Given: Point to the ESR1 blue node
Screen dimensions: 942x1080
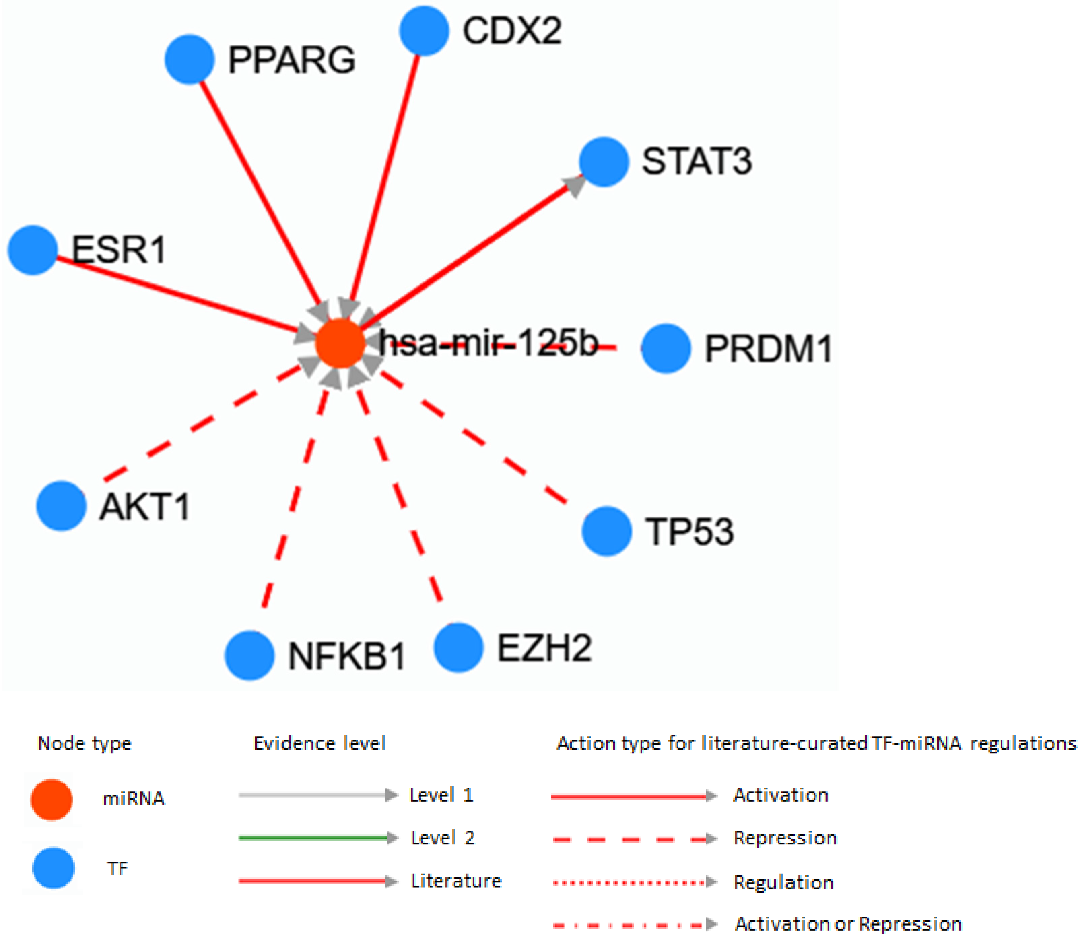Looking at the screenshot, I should [33, 250].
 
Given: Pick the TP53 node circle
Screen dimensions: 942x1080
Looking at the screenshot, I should [606, 531].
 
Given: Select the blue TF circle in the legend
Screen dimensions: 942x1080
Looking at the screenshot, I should [53, 868].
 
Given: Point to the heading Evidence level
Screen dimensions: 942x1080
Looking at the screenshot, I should [319, 743].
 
